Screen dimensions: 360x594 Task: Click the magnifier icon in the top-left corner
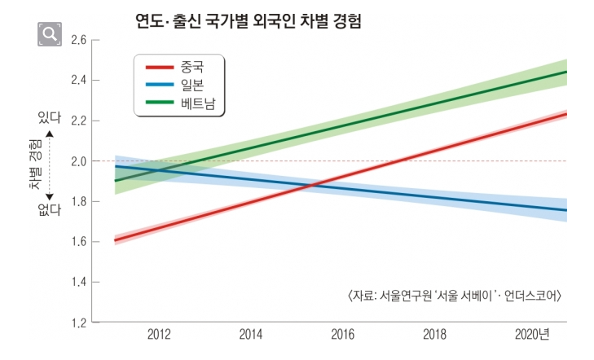[x=50, y=33]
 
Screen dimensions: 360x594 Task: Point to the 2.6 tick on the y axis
[x=79, y=40]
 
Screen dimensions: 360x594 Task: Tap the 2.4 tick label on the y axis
[x=79, y=81]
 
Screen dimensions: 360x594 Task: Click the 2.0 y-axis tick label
[x=79, y=161]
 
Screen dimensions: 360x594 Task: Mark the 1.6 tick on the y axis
[x=79, y=242]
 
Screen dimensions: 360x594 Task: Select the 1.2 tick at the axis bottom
[x=79, y=323]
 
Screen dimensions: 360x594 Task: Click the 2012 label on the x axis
[x=159, y=336]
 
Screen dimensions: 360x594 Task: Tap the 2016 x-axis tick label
[x=343, y=336]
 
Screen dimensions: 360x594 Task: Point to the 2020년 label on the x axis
[x=533, y=336]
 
